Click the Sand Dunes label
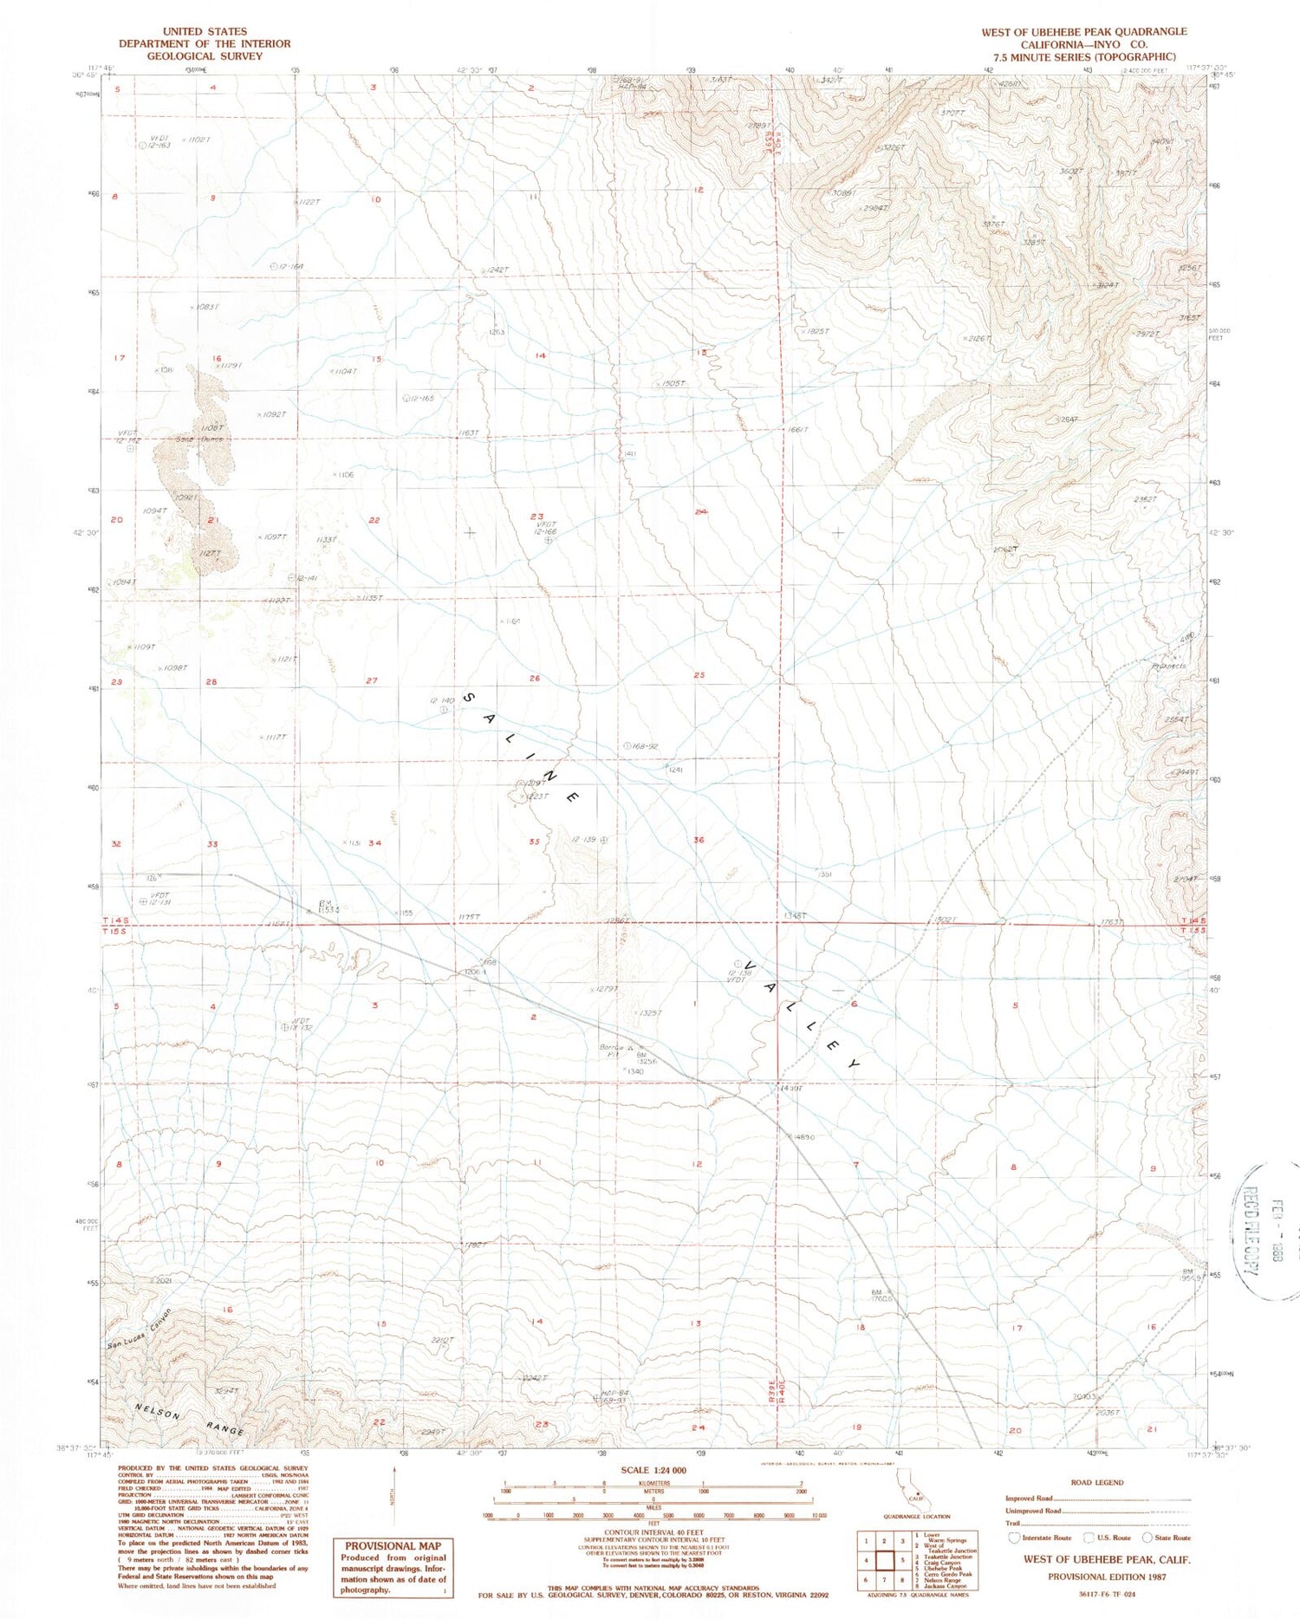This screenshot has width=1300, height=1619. [200, 439]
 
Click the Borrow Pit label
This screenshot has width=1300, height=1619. [612, 1050]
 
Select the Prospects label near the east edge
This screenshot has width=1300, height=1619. [1168, 666]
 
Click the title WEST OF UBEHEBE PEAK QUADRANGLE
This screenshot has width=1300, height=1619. [1083, 32]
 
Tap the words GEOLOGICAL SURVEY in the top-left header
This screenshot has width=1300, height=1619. [205, 56]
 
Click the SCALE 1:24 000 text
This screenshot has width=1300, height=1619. [653, 1471]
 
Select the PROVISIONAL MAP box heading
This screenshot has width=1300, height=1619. [393, 1546]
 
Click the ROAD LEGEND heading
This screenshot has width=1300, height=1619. [1097, 1482]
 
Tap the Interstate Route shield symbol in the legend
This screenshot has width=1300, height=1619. [1016, 1538]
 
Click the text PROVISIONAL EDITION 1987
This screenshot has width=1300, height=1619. [1107, 1577]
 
